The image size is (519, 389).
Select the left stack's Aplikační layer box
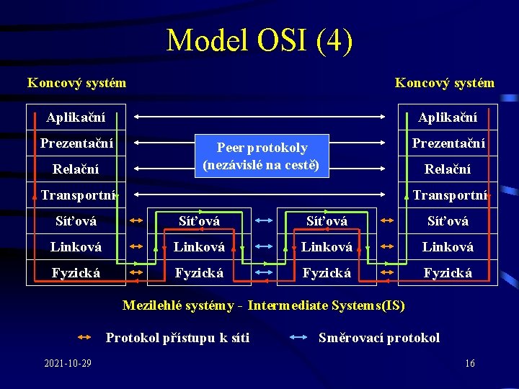pyautogui.click(x=76, y=117)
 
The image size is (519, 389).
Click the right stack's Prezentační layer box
pyautogui.click(x=448, y=143)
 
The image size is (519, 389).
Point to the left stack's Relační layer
pyautogui.click(x=76, y=169)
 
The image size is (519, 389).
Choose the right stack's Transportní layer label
pyautogui.click(x=449, y=195)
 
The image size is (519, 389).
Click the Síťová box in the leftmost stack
pyautogui.click(x=76, y=221)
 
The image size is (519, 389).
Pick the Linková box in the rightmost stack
pyautogui.click(x=448, y=247)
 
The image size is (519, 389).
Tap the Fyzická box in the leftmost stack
pyautogui.click(x=76, y=273)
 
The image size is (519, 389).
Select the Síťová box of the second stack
pyautogui.click(x=200, y=221)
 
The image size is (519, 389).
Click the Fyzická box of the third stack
pyautogui.click(x=327, y=273)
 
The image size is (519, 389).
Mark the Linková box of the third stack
pyautogui.click(x=327, y=247)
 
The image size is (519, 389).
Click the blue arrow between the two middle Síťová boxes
pyautogui.click(x=263, y=221)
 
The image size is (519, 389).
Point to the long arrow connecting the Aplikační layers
pyautogui.click(x=263, y=116)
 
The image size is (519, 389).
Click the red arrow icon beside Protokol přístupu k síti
pyautogui.click(x=84, y=337)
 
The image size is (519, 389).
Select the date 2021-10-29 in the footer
pyautogui.click(x=68, y=363)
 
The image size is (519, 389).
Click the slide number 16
pyautogui.click(x=469, y=363)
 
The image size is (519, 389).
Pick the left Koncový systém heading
pyautogui.click(x=76, y=83)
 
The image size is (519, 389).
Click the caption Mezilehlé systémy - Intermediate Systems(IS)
pyautogui.click(x=263, y=305)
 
